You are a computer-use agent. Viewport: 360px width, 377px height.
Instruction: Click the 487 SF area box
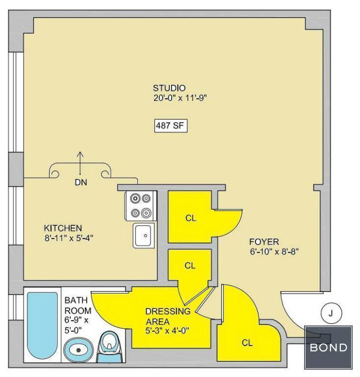pyautogui.click(x=171, y=126)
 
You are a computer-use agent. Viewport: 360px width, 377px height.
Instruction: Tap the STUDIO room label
pyautogui.click(x=169, y=88)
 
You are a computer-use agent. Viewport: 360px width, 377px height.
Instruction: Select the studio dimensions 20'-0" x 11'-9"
pyautogui.click(x=180, y=98)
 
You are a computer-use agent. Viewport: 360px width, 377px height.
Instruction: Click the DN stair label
pyautogui.click(x=81, y=182)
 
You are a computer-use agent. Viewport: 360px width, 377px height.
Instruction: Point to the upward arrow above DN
pyautogui.click(x=80, y=163)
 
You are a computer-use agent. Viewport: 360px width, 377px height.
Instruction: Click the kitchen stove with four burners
pyautogui.click(x=141, y=206)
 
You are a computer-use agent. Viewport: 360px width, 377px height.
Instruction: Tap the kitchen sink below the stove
pyautogui.click(x=144, y=236)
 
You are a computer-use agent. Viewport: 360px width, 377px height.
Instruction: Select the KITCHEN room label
pyautogui.click(x=63, y=228)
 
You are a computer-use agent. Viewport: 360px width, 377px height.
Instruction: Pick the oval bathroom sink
pyautogui.click(x=78, y=350)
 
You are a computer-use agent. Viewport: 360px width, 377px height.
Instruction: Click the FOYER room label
pyautogui.click(x=264, y=242)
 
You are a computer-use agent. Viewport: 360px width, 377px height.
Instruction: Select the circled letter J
pyautogui.click(x=332, y=314)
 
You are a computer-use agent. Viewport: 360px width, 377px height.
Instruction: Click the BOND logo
pyautogui.click(x=328, y=348)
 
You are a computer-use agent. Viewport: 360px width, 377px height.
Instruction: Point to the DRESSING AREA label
pyautogui.click(x=168, y=317)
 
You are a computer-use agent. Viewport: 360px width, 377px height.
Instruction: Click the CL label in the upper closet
pyautogui.click(x=191, y=218)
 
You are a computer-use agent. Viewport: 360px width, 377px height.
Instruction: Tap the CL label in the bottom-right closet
pyautogui.click(x=247, y=343)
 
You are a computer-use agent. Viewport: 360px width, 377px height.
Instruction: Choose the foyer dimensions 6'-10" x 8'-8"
pyautogui.click(x=274, y=252)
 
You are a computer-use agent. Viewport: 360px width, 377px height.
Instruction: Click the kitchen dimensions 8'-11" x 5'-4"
pyautogui.click(x=69, y=238)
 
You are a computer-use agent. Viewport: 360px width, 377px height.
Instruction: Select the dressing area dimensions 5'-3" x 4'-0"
pyautogui.click(x=167, y=331)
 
